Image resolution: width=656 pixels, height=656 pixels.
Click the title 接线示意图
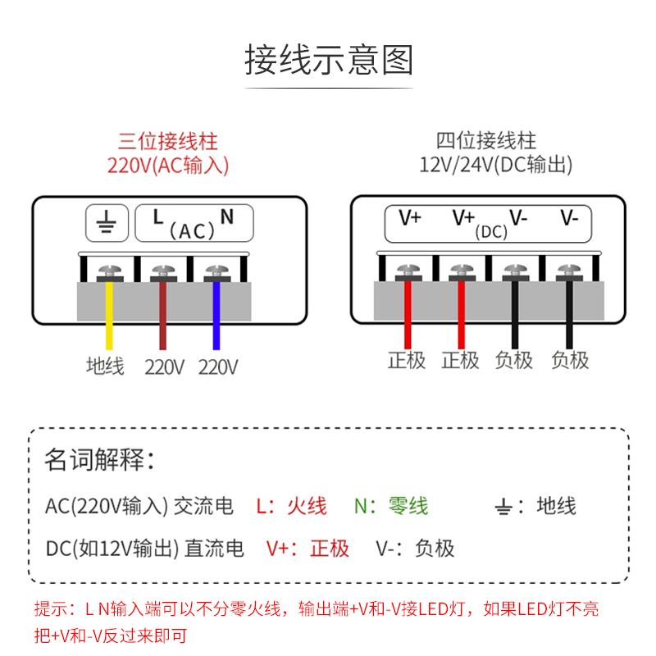[x=328, y=61]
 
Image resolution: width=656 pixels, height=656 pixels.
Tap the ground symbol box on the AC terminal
[x=107, y=221]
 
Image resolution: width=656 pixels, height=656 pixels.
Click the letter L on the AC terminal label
[x=157, y=216]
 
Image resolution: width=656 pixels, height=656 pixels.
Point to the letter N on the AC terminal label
[x=227, y=216]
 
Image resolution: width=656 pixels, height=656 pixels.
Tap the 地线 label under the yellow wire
[x=105, y=366]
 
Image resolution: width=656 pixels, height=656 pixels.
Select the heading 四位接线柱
[x=486, y=140]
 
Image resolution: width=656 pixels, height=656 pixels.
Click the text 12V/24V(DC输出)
[x=495, y=165]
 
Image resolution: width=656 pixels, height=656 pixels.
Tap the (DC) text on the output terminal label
[x=491, y=232]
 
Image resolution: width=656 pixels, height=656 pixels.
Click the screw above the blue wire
[x=216, y=271]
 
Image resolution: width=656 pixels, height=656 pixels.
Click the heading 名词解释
[x=98, y=459]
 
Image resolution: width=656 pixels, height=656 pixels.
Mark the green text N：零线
[x=391, y=505]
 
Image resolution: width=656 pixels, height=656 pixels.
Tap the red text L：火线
[x=291, y=505]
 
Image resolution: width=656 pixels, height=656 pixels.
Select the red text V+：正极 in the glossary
[x=307, y=548]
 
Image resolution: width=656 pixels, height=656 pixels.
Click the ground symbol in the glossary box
[x=504, y=507]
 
